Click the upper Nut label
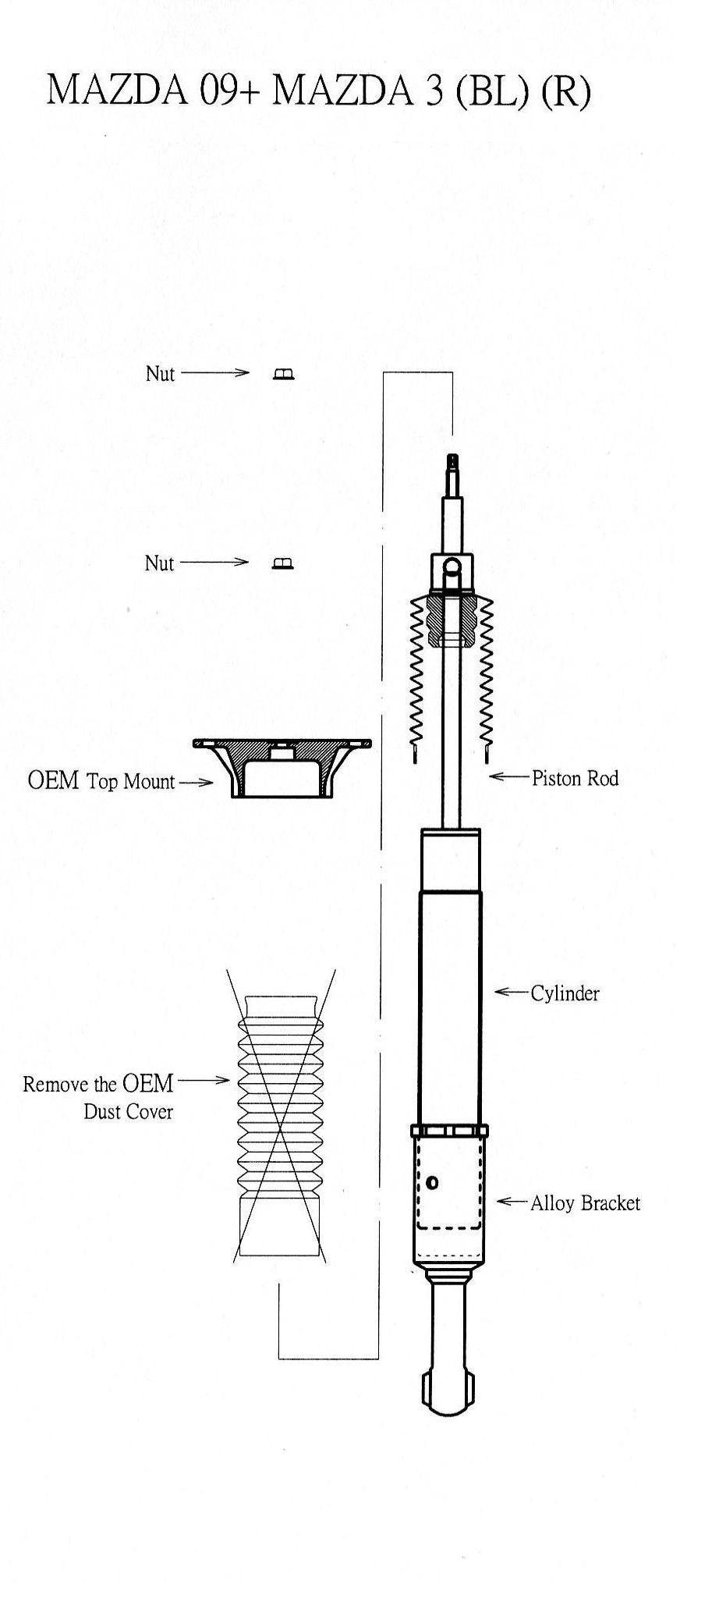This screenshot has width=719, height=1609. (160, 373)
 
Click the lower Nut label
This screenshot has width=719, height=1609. (159, 563)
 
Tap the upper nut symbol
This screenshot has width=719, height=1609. (284, 375)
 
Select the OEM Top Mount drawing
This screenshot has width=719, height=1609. (282, 769)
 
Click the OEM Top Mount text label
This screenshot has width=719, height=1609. (101, 781)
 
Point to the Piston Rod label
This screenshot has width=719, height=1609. (575, 778)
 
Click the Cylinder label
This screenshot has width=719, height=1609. (565, 993)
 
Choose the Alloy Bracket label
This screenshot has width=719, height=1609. (585, 1203)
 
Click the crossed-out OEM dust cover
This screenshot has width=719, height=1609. (281, 1117)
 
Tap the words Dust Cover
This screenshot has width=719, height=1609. (129, 1112)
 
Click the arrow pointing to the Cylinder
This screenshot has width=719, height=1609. (512, 993)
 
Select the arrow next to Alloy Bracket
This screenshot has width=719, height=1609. (513, 1202)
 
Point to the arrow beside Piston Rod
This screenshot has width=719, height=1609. (509, 777)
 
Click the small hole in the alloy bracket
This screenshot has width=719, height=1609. (434, 1184)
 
